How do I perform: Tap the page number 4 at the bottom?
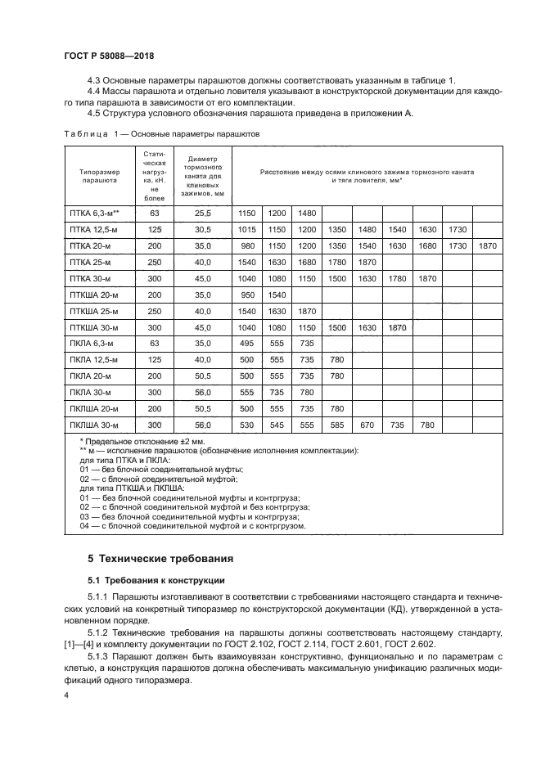pos(66,695)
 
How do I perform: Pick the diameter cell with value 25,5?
pos(202,213)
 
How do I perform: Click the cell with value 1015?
pos(247,229)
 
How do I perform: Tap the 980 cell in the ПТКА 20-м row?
pos(247,245)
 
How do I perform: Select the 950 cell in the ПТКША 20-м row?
pos(247,295)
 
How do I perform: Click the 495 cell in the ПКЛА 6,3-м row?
pos(247,344)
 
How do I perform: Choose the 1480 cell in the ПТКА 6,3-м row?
pos(307,213)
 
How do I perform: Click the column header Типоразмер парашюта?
pos(99,176)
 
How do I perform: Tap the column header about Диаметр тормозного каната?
pos(202,176)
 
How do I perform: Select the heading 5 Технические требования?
pos(160,559)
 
